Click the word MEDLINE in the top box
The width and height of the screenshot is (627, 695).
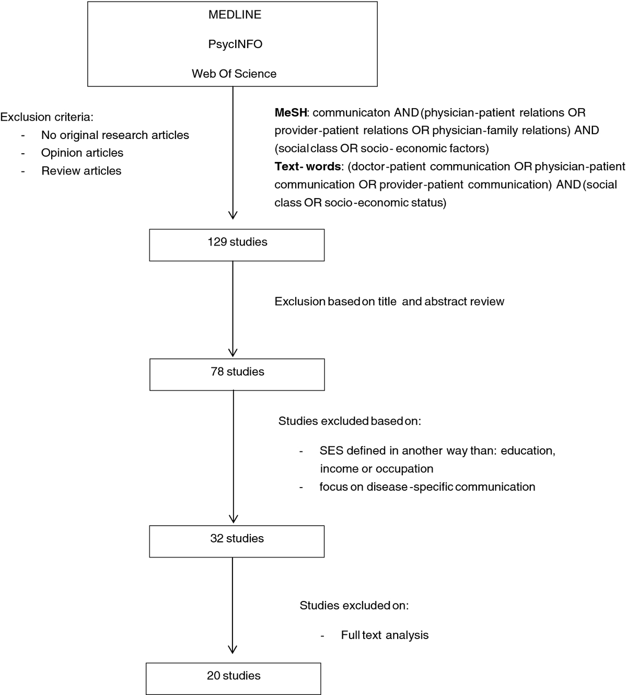tap(235, 15)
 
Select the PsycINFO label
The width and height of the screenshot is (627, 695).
tap(235, 44)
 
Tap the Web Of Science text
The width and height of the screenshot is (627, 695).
tap(234, 74)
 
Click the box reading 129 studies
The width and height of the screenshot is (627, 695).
tap(237, 245)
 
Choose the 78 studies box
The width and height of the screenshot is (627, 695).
tap(237, 375)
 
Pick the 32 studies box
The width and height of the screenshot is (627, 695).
tap(237, 541)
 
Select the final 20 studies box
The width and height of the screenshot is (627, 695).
tap(234, 678)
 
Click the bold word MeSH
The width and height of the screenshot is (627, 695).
tap(291, 112)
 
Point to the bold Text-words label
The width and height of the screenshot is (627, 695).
tap(308, 167)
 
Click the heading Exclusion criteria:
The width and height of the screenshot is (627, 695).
tap(47, 117)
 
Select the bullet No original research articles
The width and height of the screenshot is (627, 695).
tap(115, 135)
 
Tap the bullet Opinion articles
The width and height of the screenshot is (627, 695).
tap(82, 153)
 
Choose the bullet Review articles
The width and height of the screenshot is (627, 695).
tap(82, 171)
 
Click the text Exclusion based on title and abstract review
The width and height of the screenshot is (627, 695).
tap(389, 302)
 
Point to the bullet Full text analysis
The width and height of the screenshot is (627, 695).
tap(385, 635)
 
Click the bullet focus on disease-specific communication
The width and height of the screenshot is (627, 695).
tap(427, 487)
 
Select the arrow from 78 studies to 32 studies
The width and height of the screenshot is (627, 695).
tap(234, 457)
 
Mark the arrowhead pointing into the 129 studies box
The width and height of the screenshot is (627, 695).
tap(233, 215)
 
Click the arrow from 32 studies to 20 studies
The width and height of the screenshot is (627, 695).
tap(233, 605)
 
